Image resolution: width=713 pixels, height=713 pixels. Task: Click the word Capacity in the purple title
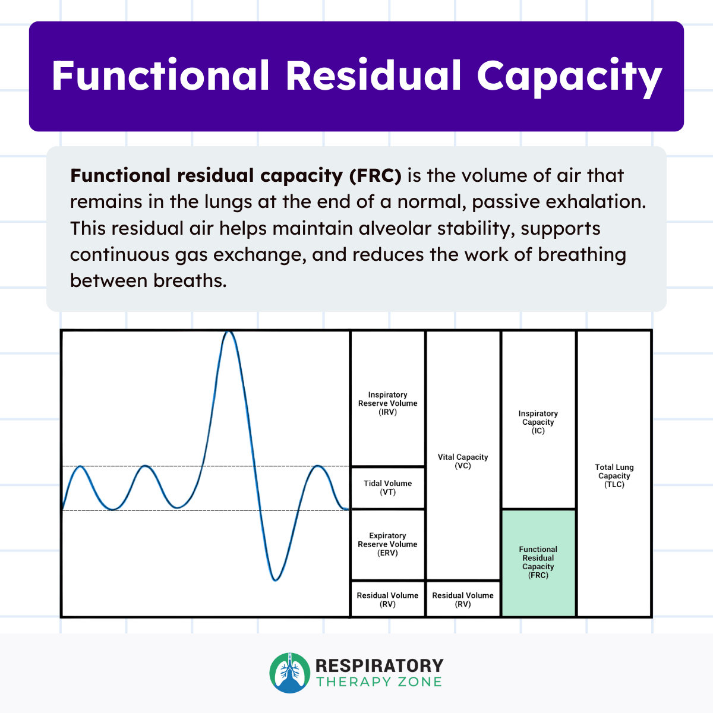569,77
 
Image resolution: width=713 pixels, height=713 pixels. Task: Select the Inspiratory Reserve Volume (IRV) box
387,403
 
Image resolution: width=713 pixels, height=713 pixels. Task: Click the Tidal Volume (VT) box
387,488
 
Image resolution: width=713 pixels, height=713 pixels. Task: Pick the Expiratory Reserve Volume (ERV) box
387,544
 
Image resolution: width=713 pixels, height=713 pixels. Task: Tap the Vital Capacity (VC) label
463,462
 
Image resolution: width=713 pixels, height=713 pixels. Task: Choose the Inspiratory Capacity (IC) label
538,422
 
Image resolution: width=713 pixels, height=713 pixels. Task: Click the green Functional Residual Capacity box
538,563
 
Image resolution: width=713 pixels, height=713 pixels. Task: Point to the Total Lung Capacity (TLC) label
614,476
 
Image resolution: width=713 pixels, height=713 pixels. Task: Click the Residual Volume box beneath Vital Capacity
463,600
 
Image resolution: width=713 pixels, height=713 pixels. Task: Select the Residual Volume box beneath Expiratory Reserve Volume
387,600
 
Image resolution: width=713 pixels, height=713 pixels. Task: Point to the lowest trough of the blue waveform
275,580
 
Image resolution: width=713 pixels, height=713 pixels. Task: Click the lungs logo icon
290,673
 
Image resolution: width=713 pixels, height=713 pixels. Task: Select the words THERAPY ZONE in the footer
379,682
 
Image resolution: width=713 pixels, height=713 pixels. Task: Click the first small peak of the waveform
80,467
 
